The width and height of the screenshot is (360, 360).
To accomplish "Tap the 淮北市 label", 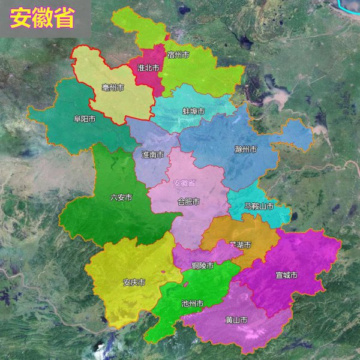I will (x=148, y=68).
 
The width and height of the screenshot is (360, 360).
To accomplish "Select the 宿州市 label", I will (x=179, y=55).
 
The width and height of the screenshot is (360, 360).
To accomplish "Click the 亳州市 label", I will (x=113, y=88).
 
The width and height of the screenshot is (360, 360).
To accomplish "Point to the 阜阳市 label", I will (x=85, y=119).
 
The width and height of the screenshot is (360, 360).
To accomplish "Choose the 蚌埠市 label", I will (x=193, y=111).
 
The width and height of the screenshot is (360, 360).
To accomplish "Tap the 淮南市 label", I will (x=153, y=154).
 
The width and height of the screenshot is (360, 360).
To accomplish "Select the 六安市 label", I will (x=121, y=197).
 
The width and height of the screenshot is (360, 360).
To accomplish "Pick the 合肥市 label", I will (x=188, y=201).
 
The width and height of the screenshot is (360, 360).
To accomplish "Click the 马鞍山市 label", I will (x=259, y=206).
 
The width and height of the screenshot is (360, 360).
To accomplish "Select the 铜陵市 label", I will (x=203, y=265).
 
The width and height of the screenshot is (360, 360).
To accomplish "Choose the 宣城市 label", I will (x=286, y=275).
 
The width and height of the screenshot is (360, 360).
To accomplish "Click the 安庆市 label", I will (x=134, y=282).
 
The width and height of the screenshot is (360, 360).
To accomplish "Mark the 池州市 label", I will (x=192, y=304).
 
